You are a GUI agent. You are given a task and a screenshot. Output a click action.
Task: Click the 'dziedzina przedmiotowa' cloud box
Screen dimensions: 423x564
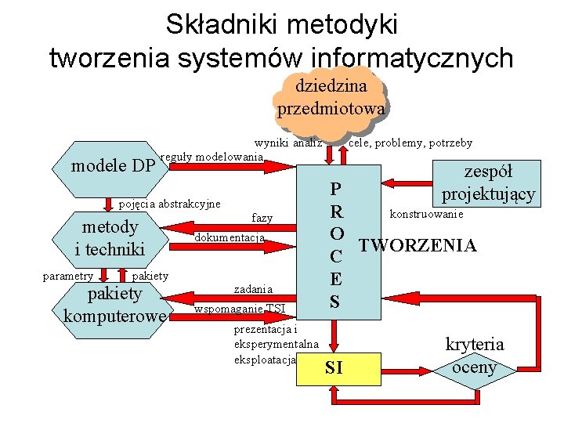tap(331, 97)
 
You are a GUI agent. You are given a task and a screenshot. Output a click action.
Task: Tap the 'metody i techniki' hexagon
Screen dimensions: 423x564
tap(110, 237)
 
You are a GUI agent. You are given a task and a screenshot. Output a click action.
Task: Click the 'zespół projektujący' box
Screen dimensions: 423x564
tap(488, 182)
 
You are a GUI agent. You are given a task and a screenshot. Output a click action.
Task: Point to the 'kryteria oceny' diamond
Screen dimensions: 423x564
tap(475, 356)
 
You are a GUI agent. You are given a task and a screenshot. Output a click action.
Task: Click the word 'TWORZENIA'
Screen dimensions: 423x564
tap(418, 246)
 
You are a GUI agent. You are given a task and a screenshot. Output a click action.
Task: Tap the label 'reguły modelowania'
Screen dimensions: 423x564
tap(211, 157)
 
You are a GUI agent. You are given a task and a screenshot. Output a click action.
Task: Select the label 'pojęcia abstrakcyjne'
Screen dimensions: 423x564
tap(169, 204)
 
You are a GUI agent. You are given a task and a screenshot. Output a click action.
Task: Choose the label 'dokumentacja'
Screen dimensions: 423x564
tap(230, 237)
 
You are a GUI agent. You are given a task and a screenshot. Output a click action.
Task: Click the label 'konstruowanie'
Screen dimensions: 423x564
tap(426, 214)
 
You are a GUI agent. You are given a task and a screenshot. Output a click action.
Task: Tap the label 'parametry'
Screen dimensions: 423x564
tap(68, 276)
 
